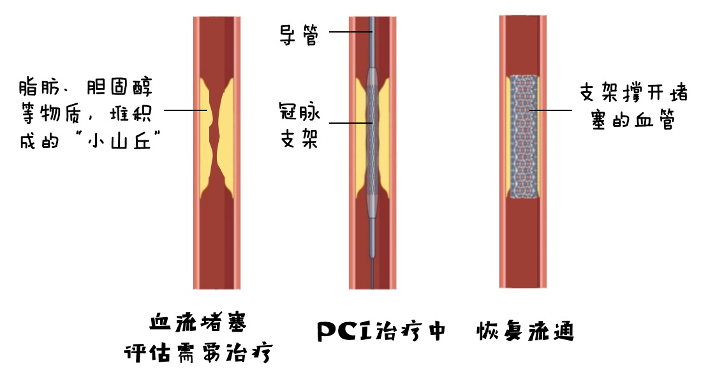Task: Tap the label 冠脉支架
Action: (x=299, y=125)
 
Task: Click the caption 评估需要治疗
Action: (x=196, y=353)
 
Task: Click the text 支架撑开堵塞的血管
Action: (x=633, y=107)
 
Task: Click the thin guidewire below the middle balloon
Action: (x=372, y=274)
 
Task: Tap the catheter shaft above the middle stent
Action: (x=372, y=38)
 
